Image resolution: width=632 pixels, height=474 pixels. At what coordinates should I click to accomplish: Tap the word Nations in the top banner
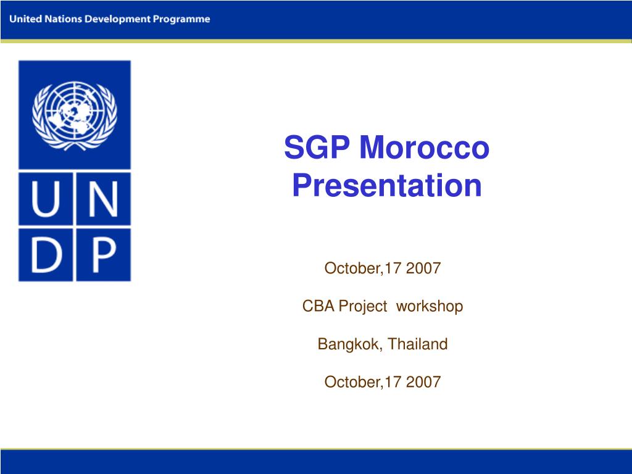point(64,19)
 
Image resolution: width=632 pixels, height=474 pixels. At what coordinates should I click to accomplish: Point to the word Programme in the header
point(181,19)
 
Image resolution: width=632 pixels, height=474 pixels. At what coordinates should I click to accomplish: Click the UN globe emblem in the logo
point(75,114)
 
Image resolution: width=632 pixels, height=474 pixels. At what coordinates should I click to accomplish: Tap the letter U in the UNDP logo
point(46,198)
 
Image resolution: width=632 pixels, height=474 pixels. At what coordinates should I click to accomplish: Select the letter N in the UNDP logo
point(102,198)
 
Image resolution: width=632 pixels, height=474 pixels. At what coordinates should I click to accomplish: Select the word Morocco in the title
point(425,149)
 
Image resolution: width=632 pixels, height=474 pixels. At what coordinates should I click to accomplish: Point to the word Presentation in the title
point(386,185)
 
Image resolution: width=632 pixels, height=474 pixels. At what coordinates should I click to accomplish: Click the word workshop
point(430,306)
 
